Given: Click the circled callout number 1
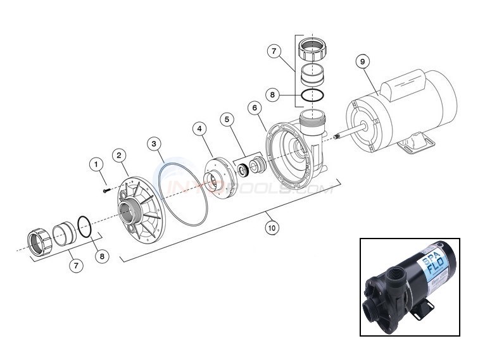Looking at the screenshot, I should coord(97,164).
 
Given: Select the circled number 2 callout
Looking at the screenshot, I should coord(118,155).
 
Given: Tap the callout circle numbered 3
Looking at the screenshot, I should coord(154,144).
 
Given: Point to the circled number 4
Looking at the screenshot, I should coord(199,129).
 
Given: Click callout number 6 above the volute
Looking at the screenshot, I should coord(256,108).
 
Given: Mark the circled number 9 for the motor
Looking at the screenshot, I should coord(362,61).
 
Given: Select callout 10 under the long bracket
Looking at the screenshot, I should coord(272,228).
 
